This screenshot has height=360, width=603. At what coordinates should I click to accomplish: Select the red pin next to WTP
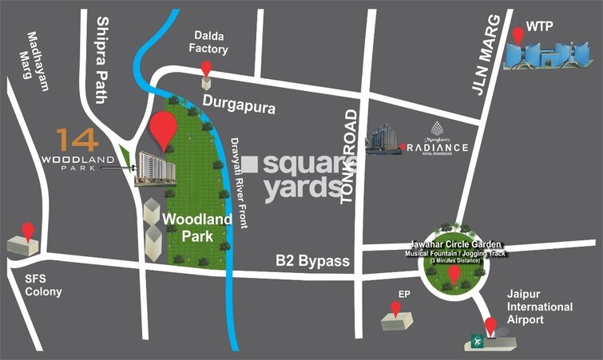pyautogui.click(x=518, y=34)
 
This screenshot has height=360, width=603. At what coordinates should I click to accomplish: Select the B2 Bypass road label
pyautogui.click(x=313, y=261)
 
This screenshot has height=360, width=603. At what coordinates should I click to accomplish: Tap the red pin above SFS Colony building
pyautogui.click(x=28, y=231)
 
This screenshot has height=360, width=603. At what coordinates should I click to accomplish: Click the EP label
pyautogui.click(x=404, y=294)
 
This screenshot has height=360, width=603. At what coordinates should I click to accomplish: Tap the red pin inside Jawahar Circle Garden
pyautogui.click(x=454, y=274)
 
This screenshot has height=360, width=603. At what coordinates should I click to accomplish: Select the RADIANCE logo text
pyautogui.click(x=437, y=148)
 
